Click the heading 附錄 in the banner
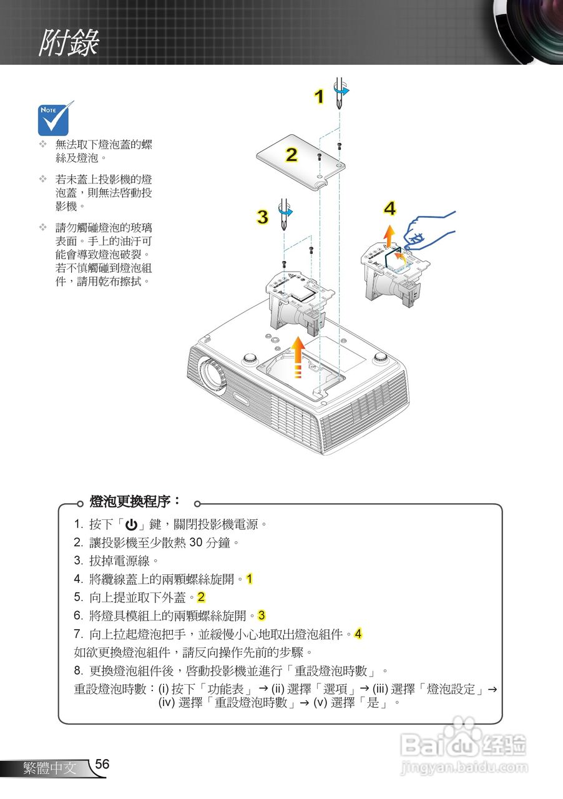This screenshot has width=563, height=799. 69,42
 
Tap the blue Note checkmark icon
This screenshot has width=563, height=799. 56,119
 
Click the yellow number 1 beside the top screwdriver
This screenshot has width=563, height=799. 319,97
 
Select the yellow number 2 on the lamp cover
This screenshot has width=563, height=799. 291,154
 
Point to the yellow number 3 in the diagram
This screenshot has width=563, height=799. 263,217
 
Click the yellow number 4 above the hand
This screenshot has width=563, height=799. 390,209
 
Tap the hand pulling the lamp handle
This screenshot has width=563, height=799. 431,231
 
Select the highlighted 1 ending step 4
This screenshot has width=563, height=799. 249,579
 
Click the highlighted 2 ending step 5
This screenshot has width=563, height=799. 202,597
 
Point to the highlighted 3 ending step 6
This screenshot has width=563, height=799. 262,615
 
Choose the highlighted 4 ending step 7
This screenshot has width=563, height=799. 358,634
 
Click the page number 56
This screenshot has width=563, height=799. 102,765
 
